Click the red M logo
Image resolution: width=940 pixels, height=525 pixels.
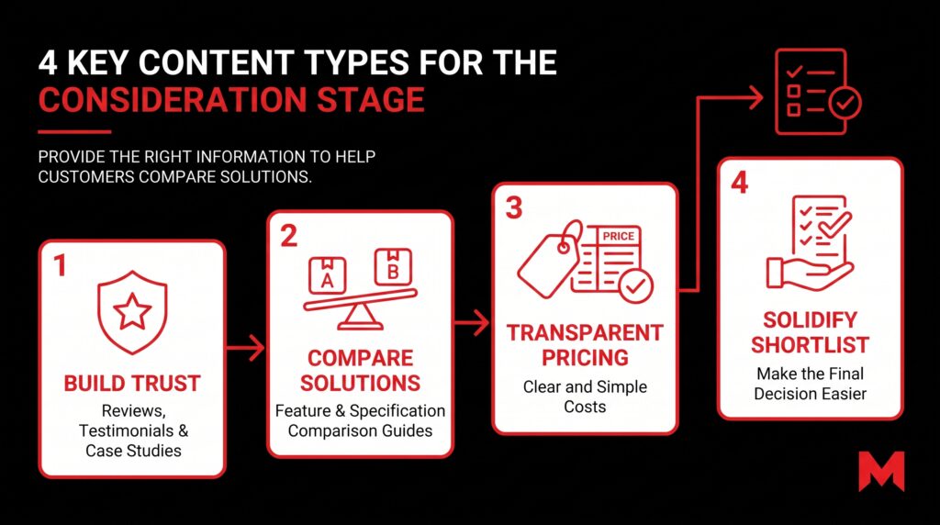[880, 472]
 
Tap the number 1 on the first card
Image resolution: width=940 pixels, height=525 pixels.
[60, 265]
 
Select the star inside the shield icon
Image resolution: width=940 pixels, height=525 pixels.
[132, 311]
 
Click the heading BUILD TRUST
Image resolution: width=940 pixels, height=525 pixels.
[132, 384]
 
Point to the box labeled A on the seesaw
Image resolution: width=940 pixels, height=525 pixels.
[328, 275]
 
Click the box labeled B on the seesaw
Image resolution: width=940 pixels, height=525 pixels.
[393, 267]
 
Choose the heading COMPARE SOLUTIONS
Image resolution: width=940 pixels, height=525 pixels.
[360, 371]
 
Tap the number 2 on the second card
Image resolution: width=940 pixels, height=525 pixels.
[288, 236]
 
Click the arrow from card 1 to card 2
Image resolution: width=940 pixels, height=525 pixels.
[245, 348]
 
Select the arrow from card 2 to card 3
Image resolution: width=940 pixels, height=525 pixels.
[471, 322]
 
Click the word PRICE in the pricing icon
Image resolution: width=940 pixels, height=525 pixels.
[618, 236]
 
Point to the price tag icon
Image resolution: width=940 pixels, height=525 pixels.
[550, 260]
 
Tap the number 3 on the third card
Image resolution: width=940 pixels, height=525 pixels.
[514, 208]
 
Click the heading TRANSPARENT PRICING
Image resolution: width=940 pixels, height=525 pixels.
[585, 345]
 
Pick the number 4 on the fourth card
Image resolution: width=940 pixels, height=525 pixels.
[740, 183]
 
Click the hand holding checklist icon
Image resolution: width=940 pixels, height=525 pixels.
[810, 243]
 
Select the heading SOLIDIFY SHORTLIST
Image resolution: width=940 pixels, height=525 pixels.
[810, 332]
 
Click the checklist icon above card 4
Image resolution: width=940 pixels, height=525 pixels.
[818, 92]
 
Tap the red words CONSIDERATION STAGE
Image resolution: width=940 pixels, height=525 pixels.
[231, 100]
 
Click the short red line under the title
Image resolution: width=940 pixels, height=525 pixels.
[74, 132]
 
